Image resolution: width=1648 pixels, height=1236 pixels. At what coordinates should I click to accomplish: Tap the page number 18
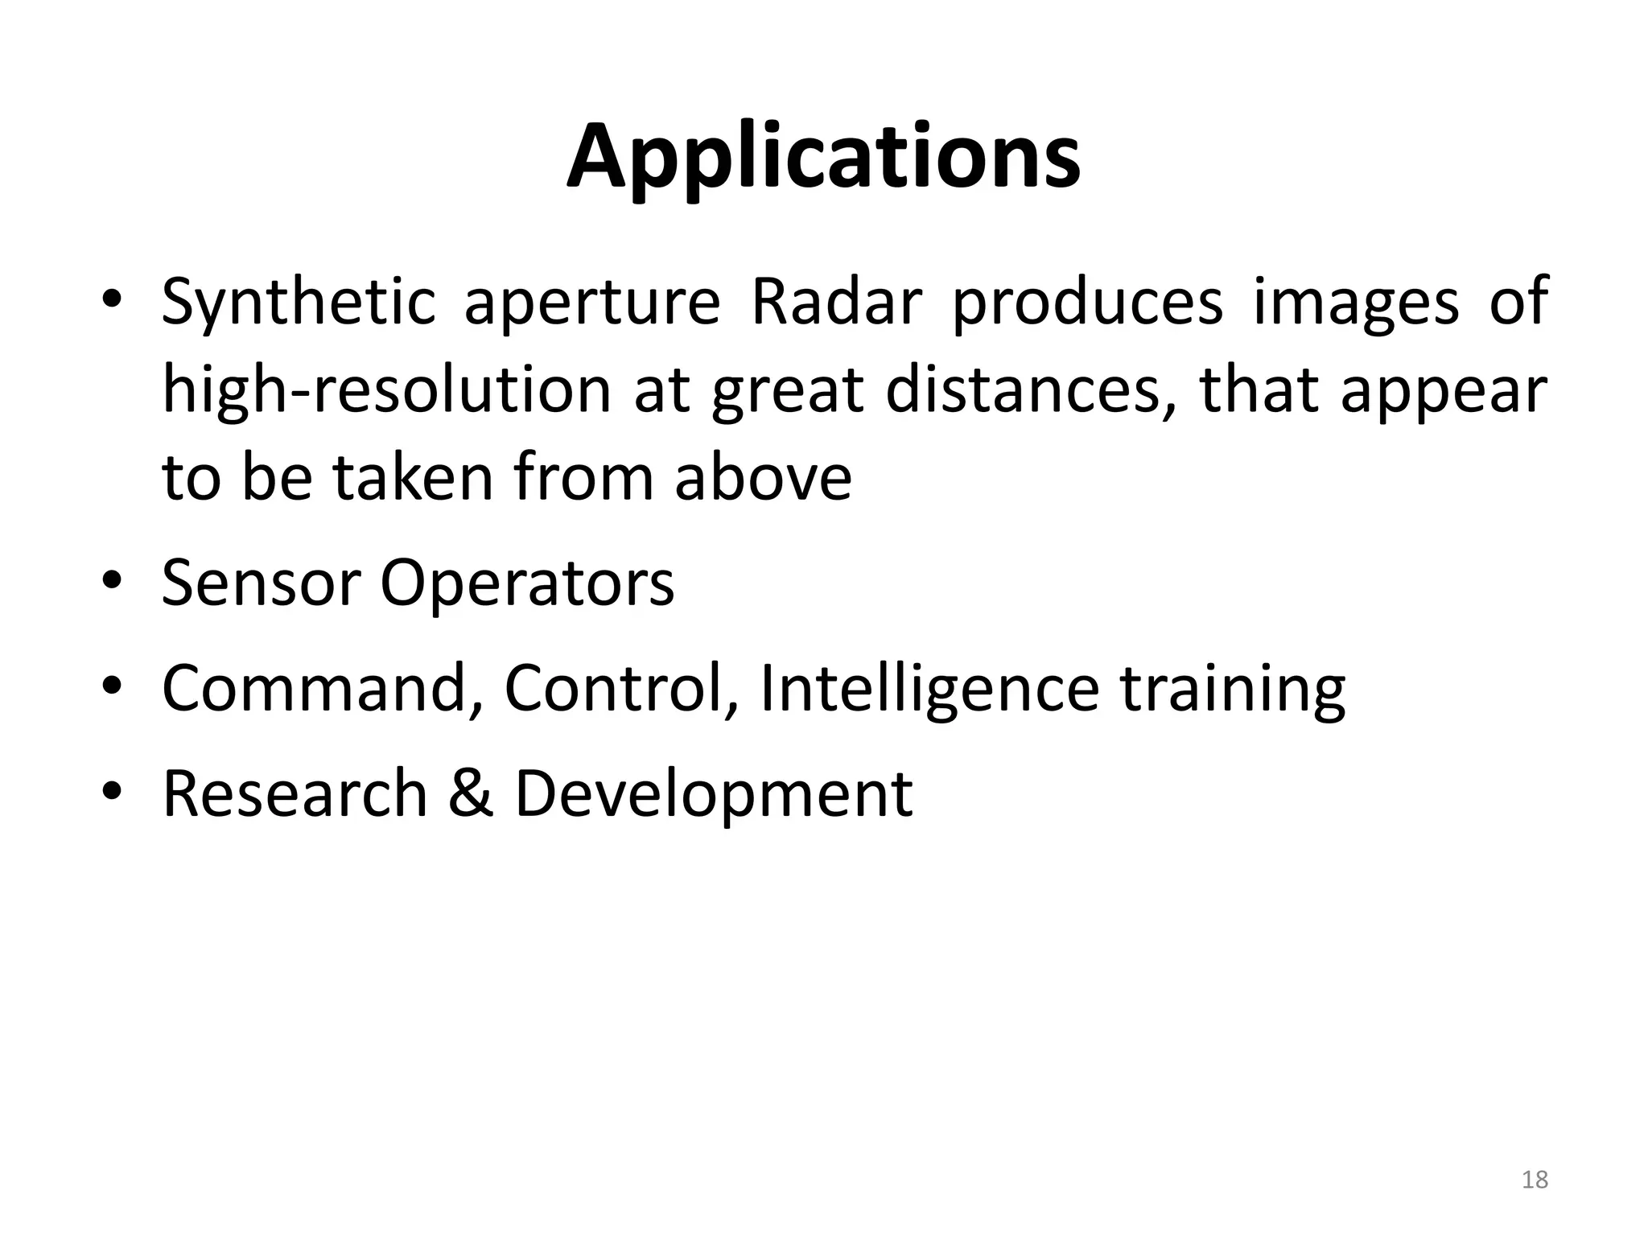1535,1180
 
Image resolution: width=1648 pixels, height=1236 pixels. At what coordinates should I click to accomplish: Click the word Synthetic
298,303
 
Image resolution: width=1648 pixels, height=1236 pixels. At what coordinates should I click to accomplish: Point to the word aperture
591,304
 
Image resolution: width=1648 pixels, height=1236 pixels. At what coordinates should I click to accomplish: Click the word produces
1087,303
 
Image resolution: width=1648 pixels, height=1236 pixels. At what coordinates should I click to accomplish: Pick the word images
1356,304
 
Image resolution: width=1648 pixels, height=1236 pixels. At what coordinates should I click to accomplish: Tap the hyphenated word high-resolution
386,391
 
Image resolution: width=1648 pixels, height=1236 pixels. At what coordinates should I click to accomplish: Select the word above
763,478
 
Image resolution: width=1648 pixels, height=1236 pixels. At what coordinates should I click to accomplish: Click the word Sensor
260,583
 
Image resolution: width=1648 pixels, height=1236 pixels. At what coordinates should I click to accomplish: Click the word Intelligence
929,690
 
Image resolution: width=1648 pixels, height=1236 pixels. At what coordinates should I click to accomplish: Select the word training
1233,690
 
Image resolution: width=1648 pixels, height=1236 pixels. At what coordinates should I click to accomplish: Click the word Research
295,793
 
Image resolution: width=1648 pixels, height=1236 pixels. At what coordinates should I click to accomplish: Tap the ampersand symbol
471,793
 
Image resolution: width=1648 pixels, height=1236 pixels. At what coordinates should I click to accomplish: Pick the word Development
713,795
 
